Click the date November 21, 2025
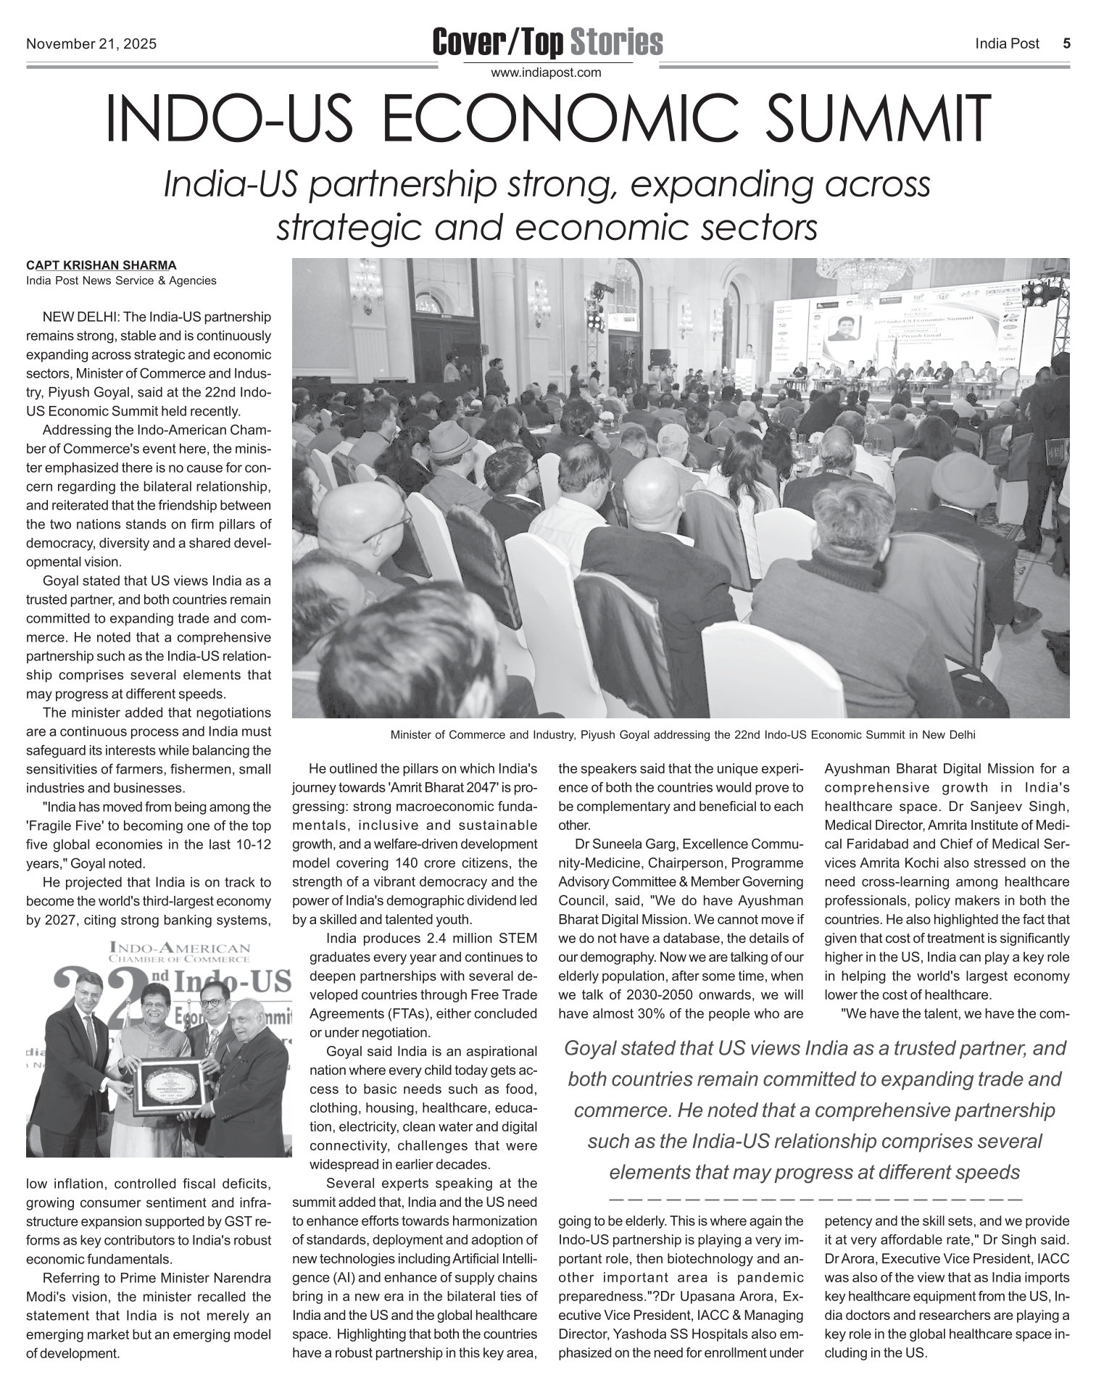click(91, 44)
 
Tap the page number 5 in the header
click(1066, 43)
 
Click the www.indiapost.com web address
click(547, 72)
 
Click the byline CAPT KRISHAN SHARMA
click(101, 265)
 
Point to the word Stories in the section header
click(616, 42)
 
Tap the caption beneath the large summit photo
click(683, 735)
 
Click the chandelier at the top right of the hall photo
click(863, 275)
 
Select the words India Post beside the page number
click(1007, 44)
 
